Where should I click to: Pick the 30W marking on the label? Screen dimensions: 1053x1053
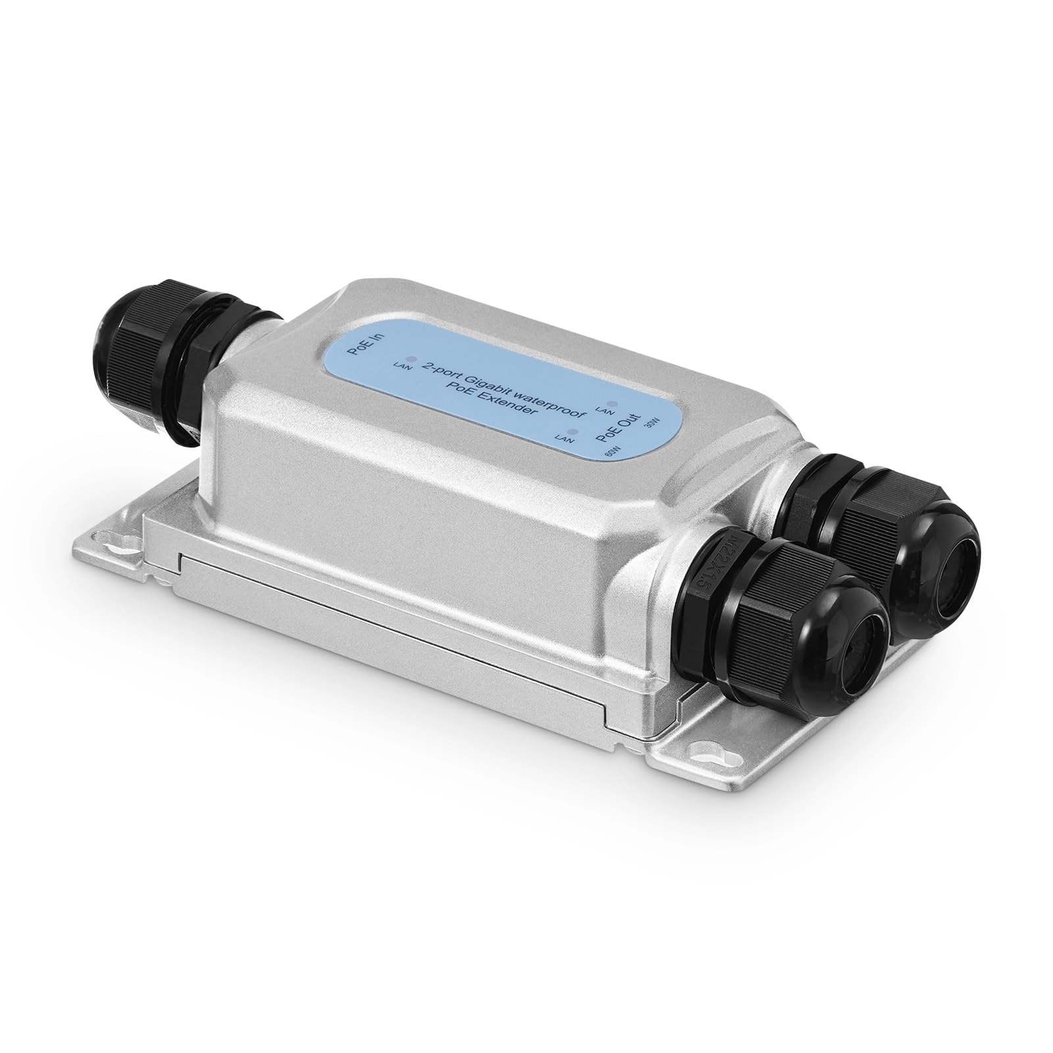pyautogui.click(x=652, y=424)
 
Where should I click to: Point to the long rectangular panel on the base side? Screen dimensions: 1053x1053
pyautogui.click(x=395, y=615)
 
